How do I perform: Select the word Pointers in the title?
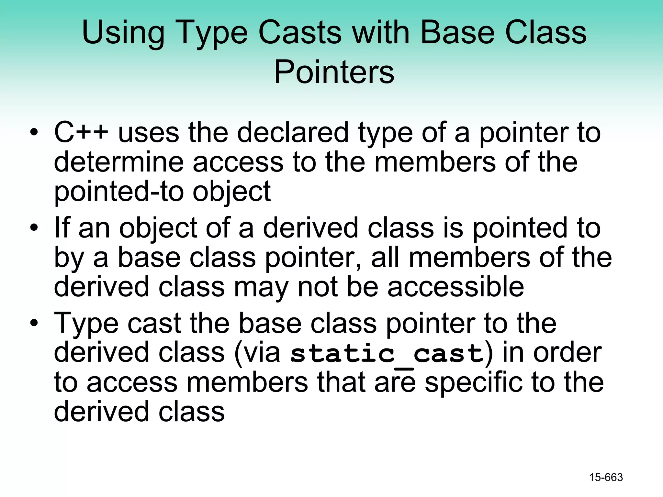pyautogui.click(x=334, y=72)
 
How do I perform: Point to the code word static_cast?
pyautogui.click(x=387, y=353)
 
